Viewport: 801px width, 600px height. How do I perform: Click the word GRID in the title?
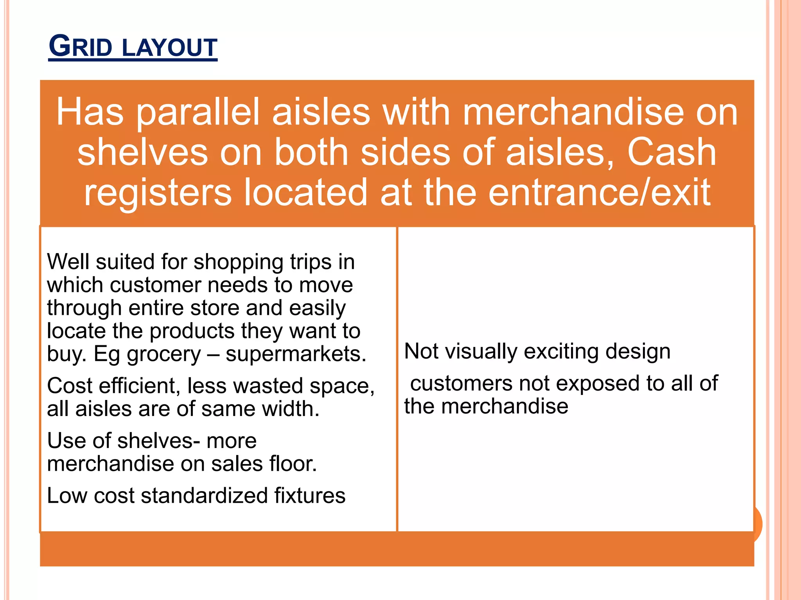[81, 47]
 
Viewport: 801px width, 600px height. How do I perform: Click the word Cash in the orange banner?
[672, 152]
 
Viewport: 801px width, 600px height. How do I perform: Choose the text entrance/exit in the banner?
[599, 192]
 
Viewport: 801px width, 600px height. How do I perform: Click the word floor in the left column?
[292, 464]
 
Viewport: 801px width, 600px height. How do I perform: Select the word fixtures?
[309, 496]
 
